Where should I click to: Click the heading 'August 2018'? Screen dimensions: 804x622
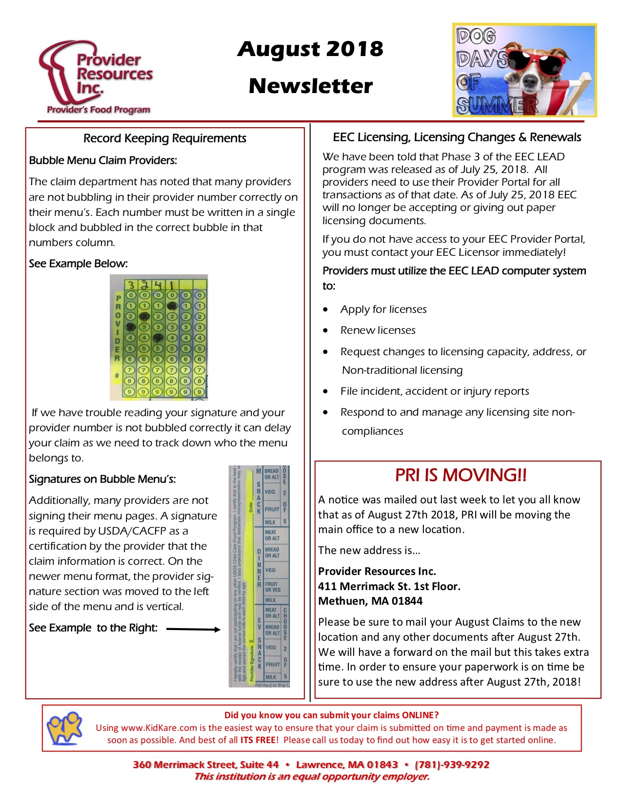pyautogui.click(x=310, y=49)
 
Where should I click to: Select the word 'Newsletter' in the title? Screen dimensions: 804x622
pyautogui.click(x=310, y=86)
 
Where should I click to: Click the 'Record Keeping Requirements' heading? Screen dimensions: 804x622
pyautogui.click(x=164, y=138)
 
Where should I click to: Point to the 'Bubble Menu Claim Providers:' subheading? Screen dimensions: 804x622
pyautogui.click(x=103, y=160)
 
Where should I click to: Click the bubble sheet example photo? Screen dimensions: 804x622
pyautogui.click(x=159, y=337)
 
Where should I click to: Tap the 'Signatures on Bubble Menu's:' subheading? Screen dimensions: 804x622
pyautogui.click(x=102, y=479)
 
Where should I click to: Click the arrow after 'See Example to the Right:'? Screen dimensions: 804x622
pyautogui.click(x=193, y=629)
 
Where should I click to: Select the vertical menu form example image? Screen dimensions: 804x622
pyautogui.click(x=259, y=576)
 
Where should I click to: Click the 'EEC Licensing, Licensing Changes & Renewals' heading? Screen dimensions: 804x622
pyautogui.click(x=457, y=137)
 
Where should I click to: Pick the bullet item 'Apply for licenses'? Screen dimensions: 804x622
pyautogui.click(x=383, y=309)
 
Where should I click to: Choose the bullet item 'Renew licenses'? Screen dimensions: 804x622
pyautogui.click(x=378, y=330)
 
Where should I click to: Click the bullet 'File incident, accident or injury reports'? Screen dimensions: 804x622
pyautogui.click(x=435, y=391)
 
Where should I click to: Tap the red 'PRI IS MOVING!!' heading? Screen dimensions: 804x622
pyautogui.click(x=461, y=475)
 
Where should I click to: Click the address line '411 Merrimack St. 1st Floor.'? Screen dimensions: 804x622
pyautogui.click(x=389, y=586)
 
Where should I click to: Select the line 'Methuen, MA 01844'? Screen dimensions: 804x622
pyautogui.click(x=370, y=601)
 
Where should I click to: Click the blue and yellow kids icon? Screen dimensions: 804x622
pyautogui.click(x=64, y=728)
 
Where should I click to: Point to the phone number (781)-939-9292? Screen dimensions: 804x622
pyautogui.click(x=452, y=765)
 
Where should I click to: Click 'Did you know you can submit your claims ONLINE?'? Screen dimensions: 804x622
pyautogui.click(x=331, y=715)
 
